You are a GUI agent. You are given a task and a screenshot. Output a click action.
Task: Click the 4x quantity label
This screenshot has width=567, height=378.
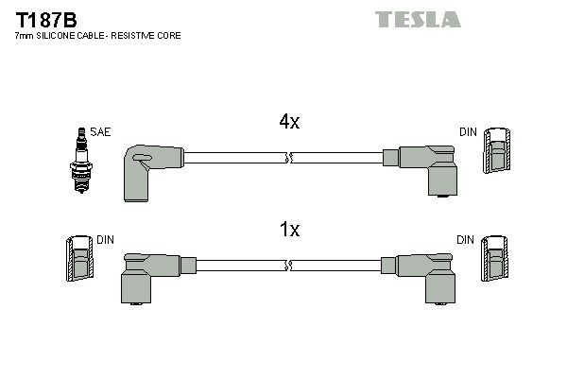pos(288,122)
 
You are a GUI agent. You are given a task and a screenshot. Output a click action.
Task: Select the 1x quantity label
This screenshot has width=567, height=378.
pos(289,230)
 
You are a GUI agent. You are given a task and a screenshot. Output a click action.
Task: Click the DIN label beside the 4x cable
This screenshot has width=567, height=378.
pos(467,132)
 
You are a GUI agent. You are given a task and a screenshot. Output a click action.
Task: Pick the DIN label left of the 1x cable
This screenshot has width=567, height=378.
pos(105,240)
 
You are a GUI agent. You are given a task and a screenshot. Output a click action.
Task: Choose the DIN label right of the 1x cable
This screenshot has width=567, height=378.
pos(464,240)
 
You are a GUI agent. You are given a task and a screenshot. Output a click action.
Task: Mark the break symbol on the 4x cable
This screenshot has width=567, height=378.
pos(289,157)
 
